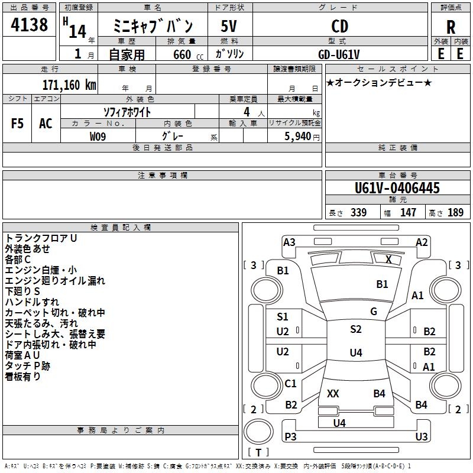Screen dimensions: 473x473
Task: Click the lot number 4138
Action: pos(30,25)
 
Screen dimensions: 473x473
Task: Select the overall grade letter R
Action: pos(451,27)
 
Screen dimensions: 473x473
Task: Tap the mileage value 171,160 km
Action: pos(69,85)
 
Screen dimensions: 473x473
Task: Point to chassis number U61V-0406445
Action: pos(397,189)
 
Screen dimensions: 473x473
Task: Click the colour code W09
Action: pos(98,137)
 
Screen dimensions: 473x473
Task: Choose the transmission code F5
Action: pos(18,124)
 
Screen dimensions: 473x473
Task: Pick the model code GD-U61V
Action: pos(339,53)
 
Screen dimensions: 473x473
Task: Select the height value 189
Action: pos(456,213)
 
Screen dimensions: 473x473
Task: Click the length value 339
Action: pos(358,213)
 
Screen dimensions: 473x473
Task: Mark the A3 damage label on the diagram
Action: pos(289,242)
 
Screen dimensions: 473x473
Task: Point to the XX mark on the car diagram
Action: pos(333,393)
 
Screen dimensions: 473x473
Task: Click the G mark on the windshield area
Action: pos(374,312)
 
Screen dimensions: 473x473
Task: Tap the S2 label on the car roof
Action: pos(355,329)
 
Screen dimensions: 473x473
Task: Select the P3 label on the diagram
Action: pos(290,437)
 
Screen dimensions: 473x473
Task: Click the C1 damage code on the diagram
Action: pos(290,384)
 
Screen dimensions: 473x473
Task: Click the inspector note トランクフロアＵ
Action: pos(41,238)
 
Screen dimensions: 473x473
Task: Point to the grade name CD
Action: pos(339,26)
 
